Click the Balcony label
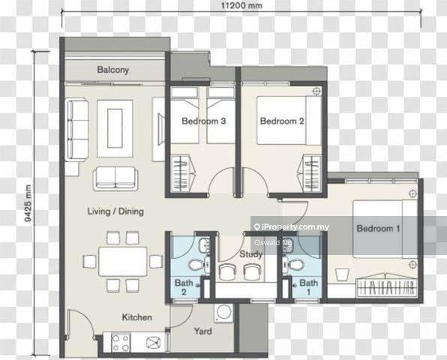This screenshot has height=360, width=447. click(113, 70)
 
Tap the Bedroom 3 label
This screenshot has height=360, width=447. click(204, 121)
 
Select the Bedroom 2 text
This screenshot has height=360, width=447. click(282, 121)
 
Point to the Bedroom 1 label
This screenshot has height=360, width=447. click(378, 228)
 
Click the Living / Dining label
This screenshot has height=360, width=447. click(115, 211)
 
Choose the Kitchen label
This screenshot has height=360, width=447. click(136, 317)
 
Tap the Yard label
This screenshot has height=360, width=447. click(203, 331)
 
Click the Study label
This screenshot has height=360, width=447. click(250, 254)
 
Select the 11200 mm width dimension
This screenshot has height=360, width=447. click(241, 5)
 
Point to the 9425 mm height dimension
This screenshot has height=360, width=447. click(28, 203)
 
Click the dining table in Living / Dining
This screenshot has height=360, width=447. click(123, 262)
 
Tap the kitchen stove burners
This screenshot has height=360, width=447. click(121, 343)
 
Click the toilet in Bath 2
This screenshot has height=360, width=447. click(196, 265)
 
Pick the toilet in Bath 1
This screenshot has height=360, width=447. click(292, 265)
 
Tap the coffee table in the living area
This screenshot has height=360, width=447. click(115, 128)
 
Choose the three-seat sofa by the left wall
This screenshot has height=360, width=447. click(77, 130)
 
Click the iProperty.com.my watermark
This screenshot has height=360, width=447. click(291, 227)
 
